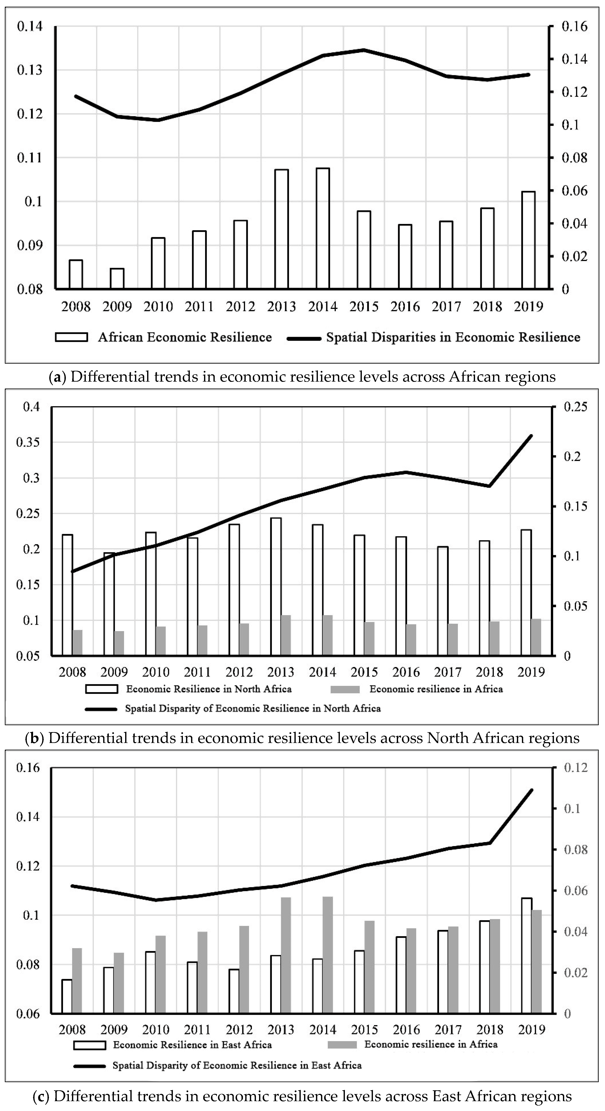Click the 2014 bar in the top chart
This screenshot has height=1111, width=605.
coord(323,228)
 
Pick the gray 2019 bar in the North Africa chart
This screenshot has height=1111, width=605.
coord(536,637)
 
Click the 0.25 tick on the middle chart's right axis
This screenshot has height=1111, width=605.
coord(575,407)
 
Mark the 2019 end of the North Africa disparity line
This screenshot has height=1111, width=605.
coord(532,436)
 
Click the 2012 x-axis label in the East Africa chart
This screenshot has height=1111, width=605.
coord(239,1029)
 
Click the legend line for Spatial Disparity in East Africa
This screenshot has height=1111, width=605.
coord(89,1066)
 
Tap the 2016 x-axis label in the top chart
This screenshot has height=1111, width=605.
coord(405,307)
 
